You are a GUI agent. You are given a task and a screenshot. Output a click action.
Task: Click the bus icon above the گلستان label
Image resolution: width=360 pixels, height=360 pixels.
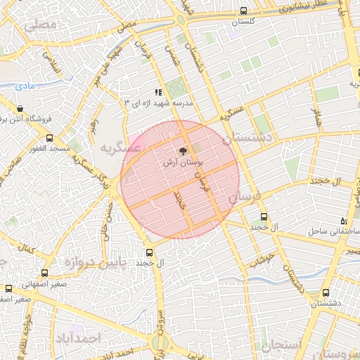pyautogui.click(x=244, y=11)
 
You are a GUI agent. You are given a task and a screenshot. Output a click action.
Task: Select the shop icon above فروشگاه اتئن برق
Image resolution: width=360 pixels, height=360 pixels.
pyautogui.click(x=19, y=109)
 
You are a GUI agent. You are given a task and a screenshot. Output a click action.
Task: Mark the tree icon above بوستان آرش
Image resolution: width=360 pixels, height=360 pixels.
pyautogui.click(x=183, y=150)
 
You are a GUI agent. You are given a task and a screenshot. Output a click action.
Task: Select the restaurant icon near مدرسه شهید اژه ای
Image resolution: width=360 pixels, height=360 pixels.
pyautogui.click(x=159, y=91)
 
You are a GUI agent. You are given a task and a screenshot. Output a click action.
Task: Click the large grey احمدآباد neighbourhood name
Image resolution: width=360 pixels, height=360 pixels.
pyautogui.click(x=78, y=338)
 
